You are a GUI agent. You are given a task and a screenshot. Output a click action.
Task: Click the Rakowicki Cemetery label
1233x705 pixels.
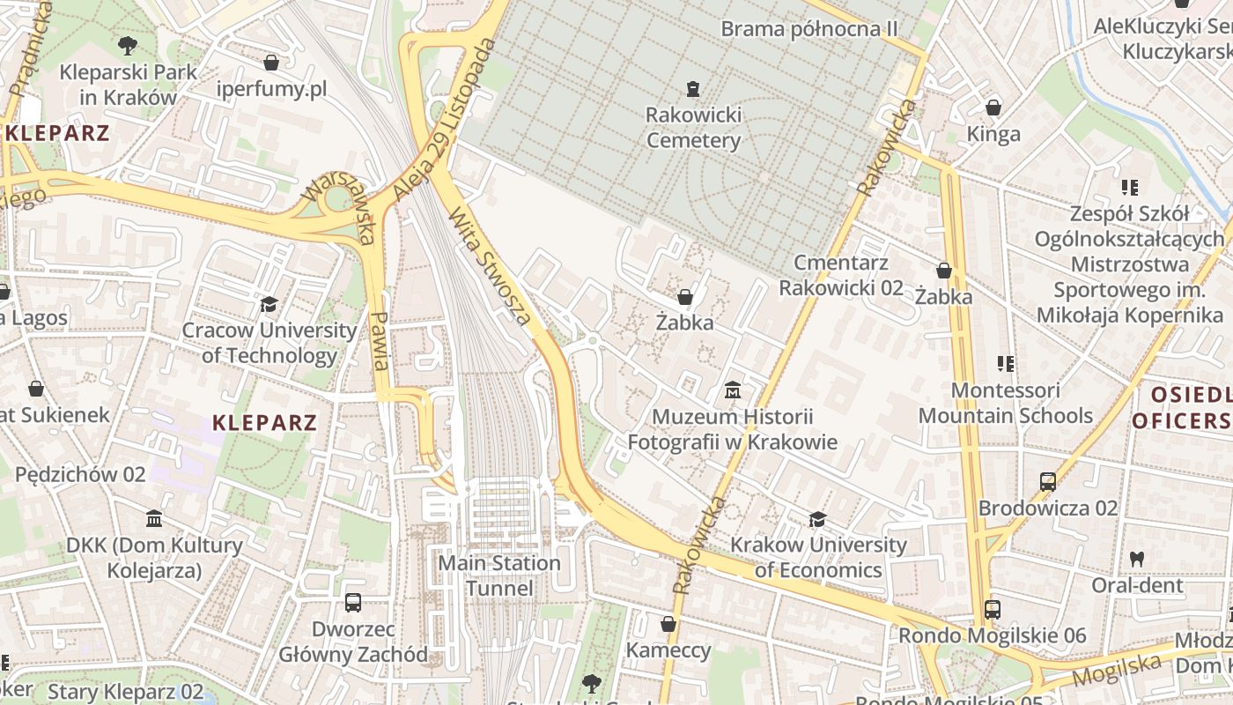click(x=693, y=128)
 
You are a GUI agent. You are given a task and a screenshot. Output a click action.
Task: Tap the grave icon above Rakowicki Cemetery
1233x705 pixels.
click(x=693, y=88)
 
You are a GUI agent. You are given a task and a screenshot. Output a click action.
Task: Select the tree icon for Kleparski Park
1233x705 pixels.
click(x=128, y=44)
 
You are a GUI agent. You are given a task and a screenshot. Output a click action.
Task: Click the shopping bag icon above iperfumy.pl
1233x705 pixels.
click(x=271, y=63)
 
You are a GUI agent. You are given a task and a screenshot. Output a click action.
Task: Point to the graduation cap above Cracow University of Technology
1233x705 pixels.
click(x=269, y=304)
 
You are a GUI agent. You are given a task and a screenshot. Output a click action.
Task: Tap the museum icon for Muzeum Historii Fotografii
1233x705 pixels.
click(x=732, y=390)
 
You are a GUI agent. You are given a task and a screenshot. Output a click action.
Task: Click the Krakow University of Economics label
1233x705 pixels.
click(x=817, y=557)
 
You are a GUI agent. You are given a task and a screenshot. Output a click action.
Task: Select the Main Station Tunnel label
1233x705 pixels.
click(x=499, y=575)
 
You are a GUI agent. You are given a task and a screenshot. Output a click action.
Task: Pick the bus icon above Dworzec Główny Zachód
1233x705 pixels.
click(x=353, y=603)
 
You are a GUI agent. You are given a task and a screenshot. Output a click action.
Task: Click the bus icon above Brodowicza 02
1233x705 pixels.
click(x=1047, y=481)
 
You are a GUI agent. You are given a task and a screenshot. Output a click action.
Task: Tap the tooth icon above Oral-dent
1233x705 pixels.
click(x=1136, y=559)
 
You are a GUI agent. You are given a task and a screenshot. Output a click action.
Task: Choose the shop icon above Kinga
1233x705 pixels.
click(x=993, y=108)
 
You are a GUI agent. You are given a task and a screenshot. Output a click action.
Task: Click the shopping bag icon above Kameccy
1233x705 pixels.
click(x=668, y=624)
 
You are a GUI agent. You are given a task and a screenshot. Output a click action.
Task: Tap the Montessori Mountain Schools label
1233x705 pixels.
click(x=1005, y=403)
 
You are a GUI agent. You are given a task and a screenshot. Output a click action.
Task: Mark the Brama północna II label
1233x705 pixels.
click(x=808, y=29)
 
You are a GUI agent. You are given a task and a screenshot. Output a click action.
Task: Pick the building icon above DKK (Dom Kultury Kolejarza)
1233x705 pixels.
click(x=154, y=518)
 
